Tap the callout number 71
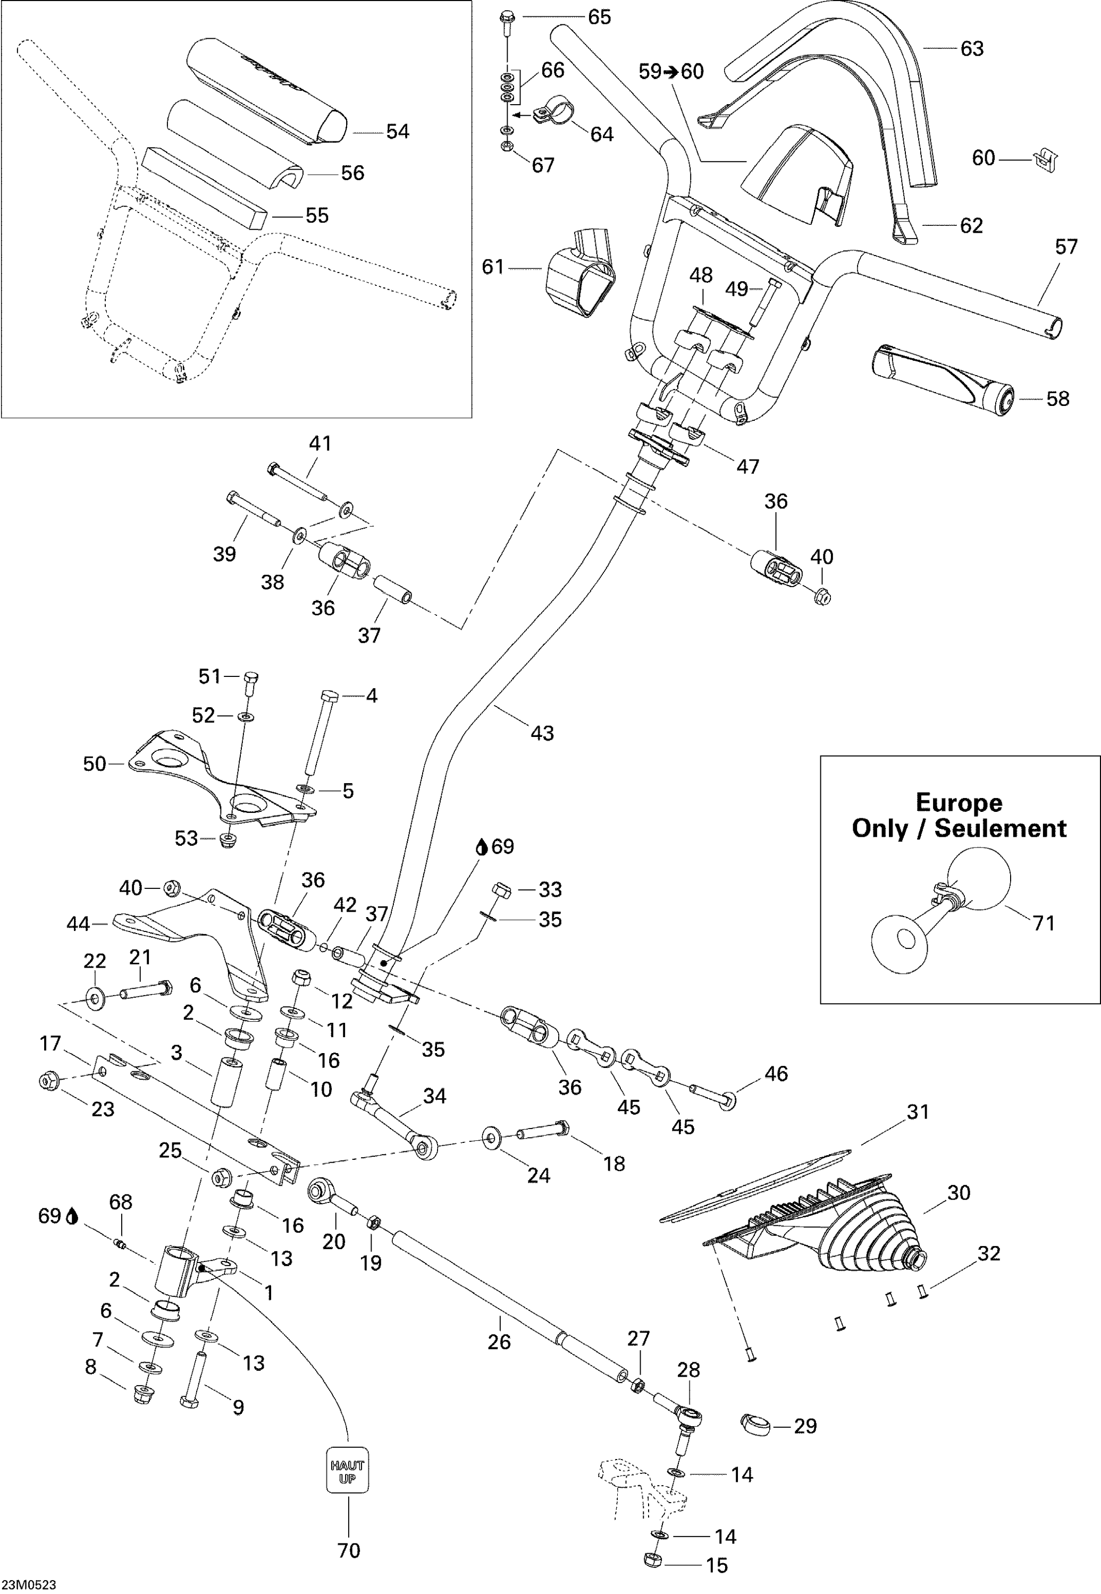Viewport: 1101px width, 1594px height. (1044, 922)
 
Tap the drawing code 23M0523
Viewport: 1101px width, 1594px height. (28, 1585)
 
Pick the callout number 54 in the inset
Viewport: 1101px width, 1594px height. (397, 132)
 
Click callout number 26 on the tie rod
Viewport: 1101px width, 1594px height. (499, 1341)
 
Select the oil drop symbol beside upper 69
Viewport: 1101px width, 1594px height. (483, 846)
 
